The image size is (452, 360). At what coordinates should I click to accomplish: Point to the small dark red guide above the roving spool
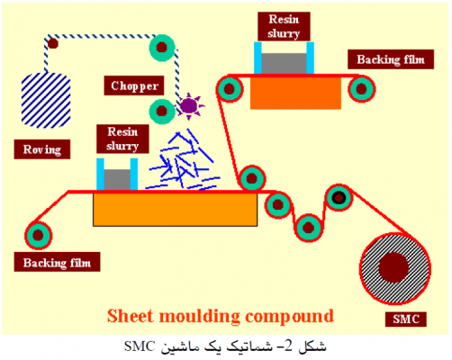52,41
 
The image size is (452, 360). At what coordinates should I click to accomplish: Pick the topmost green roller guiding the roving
163,45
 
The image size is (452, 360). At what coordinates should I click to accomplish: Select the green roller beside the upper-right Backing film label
362,87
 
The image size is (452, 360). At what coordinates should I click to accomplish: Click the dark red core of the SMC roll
393,266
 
